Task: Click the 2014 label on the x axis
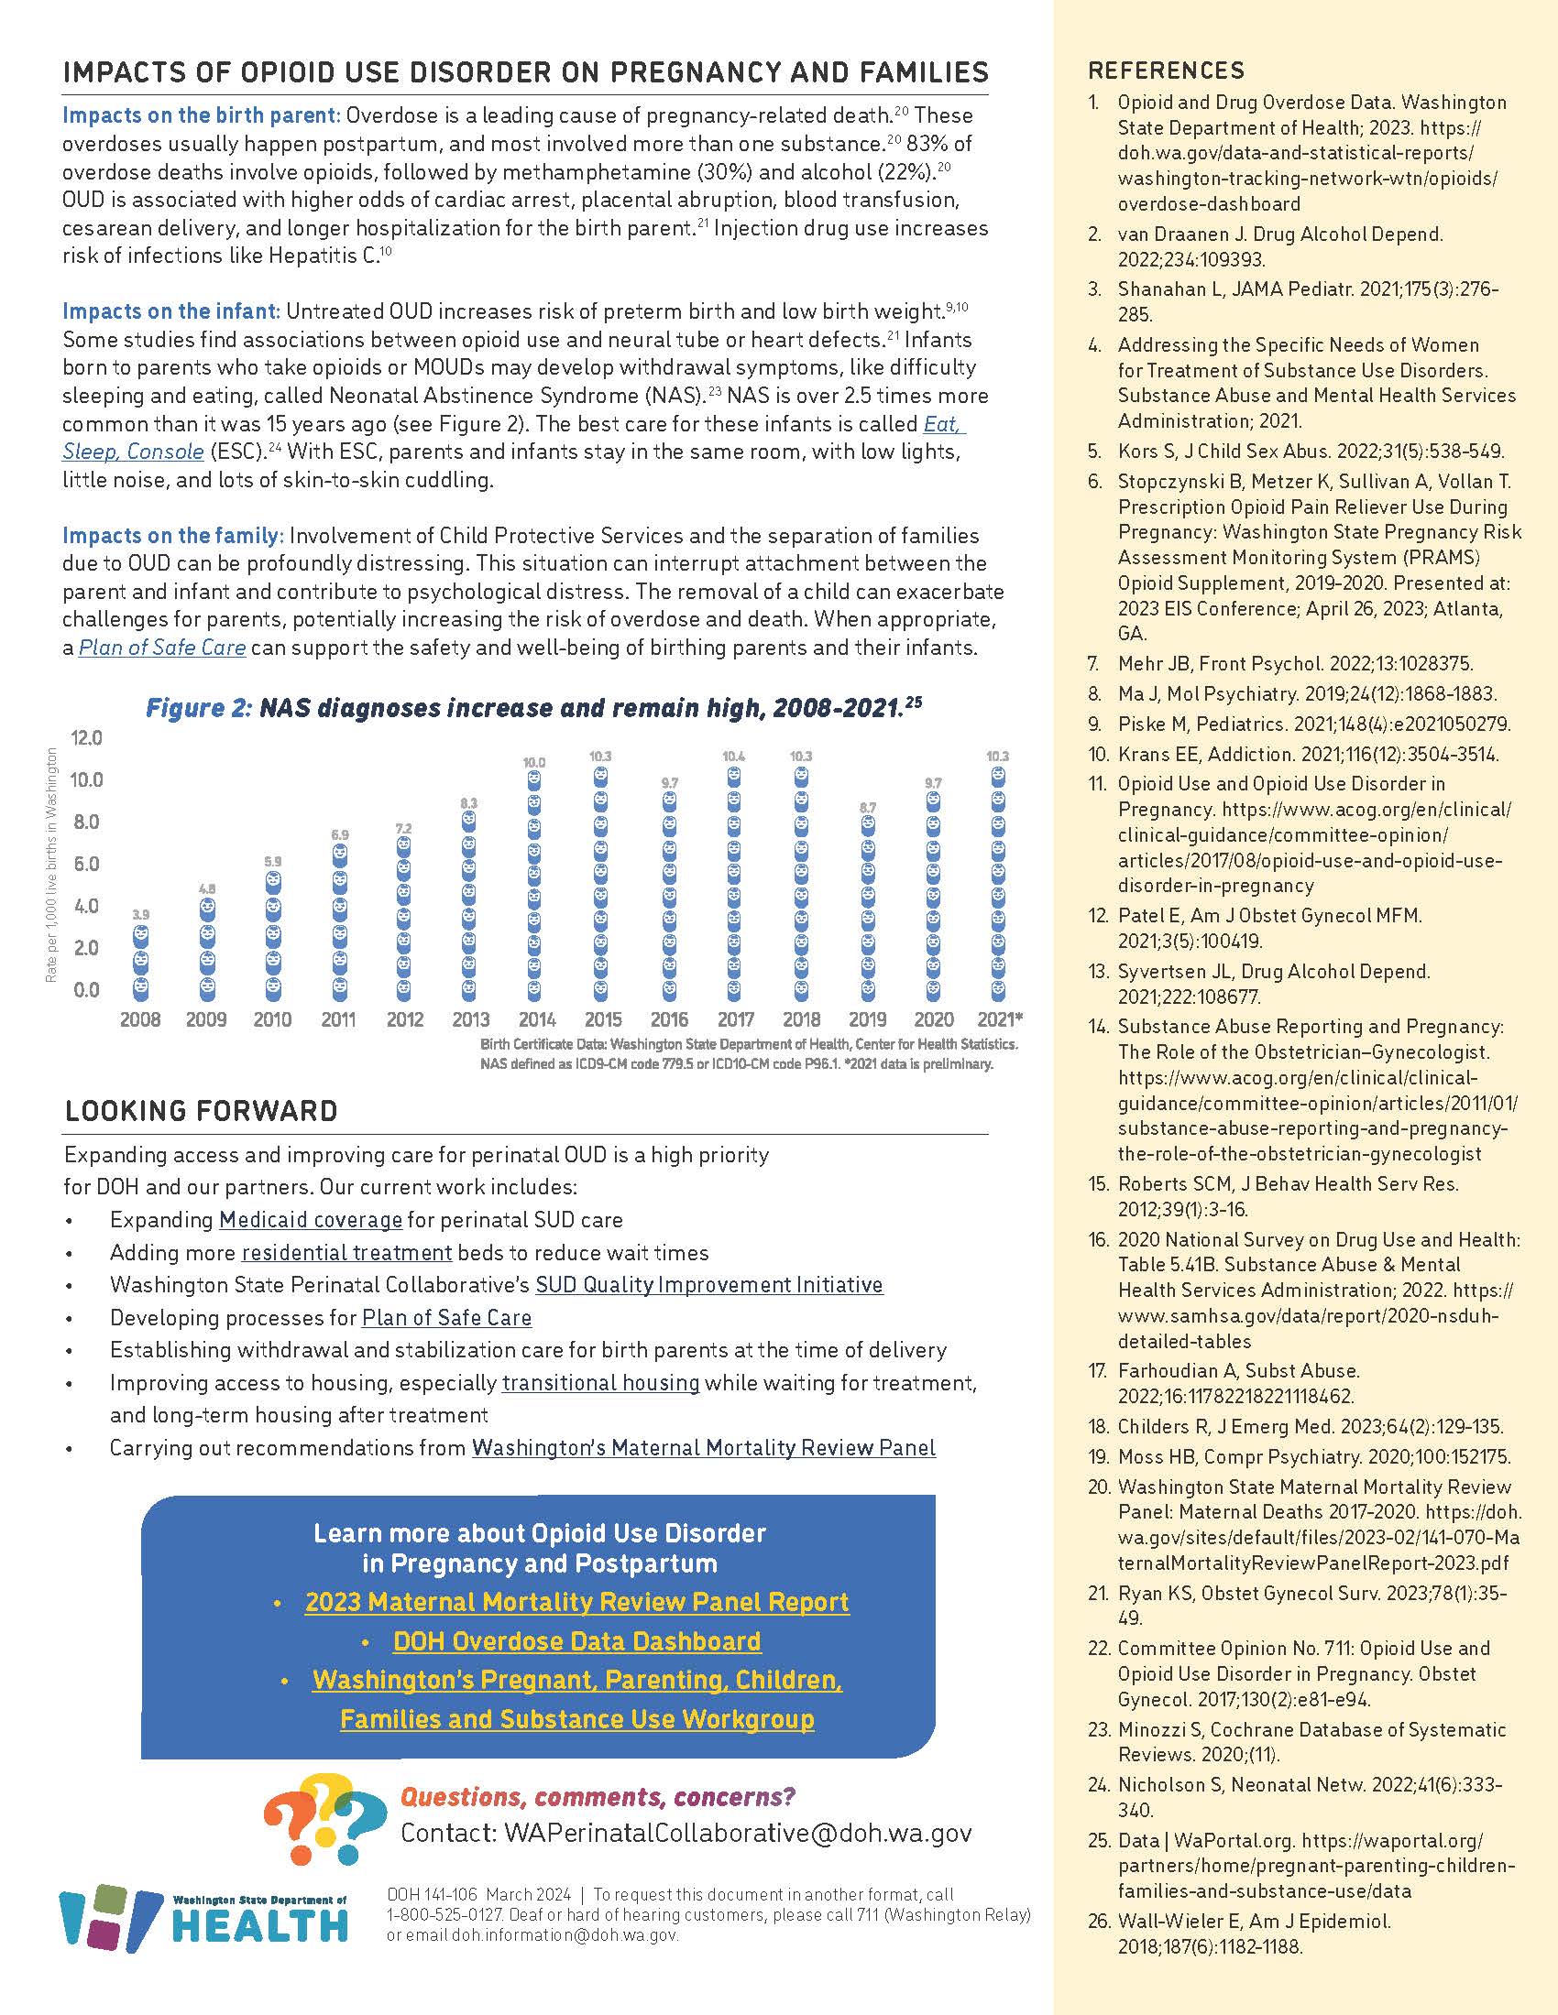(x=536, y=1019)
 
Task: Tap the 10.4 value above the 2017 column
(x=734, y=757)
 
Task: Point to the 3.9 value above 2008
(x=140, y=914)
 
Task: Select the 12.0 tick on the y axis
(x=86, y=738)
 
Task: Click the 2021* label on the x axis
(x=1000, y=1019)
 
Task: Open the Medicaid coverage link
(x=310, y=1220)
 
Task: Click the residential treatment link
(x=347, y=1253)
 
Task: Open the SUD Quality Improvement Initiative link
(x=708, y=1285)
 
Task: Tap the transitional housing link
(x=601, y=1382)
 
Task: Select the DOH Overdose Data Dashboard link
(x=576, y=1641)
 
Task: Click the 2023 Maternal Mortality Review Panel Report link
(x=576, y=1602)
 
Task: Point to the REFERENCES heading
(x=1166, y=71)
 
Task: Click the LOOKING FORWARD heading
(x=202, y=1111)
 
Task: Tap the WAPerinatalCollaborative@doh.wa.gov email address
(x=738, y=1833)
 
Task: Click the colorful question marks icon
(x=325, y=1819)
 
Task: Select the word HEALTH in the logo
(x=261, y=1925)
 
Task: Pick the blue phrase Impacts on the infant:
(x=170, y=311)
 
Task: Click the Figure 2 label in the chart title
(x=198, y=709)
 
